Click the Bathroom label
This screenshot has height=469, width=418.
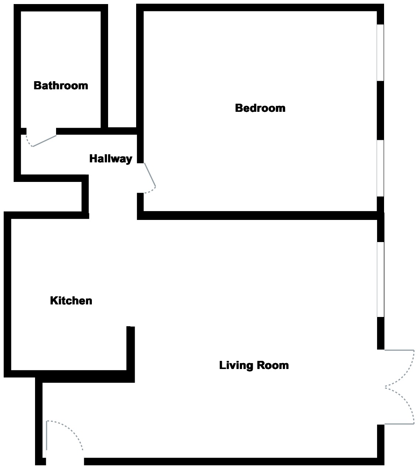[x=61, y=86]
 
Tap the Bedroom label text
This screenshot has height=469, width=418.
[x=260, y=108]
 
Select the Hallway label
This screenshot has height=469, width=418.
[x=111, y=159]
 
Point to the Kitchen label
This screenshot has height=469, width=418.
[x=71, y=301]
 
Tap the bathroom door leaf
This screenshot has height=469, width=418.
[x=45, y=141]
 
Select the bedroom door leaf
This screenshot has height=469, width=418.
[x=150, y=175]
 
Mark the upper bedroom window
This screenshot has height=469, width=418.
[x=380, y=52]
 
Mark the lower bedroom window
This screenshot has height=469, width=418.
[x=380, y=168]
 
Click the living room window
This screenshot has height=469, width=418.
[x=380, y=279]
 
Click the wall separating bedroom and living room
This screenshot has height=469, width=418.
[x=258, y=215]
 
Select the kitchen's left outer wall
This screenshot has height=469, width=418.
[x=7, y=295]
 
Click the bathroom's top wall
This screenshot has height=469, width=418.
[x=61, y=8]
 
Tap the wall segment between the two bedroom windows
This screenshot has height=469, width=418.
[x=380, y=110]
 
